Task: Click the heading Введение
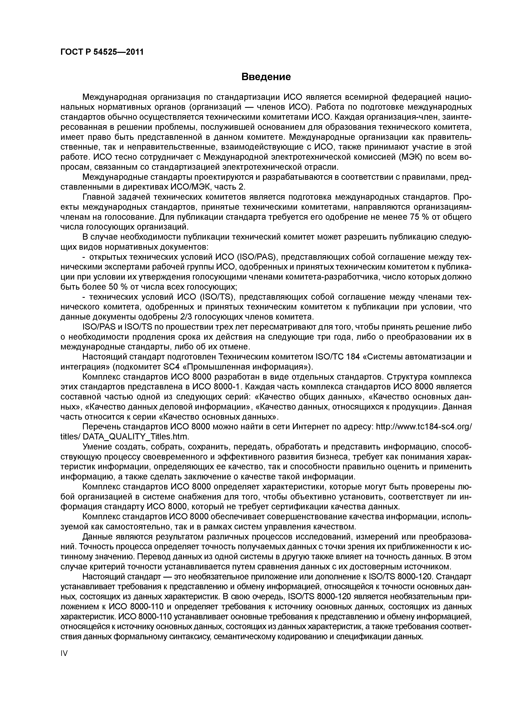[x=266, y=77]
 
